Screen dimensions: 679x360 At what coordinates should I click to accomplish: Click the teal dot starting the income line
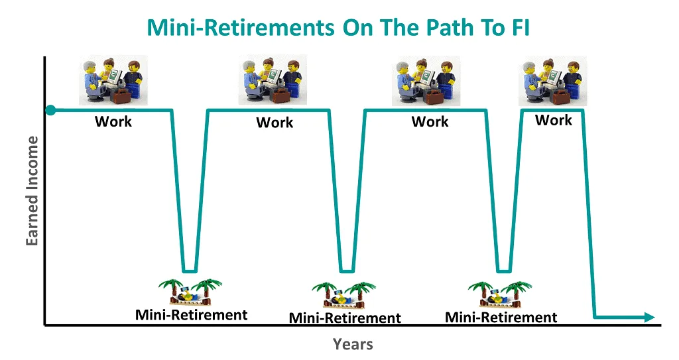tap(50, 110)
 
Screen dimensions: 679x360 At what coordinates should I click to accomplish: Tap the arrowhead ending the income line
tap(649, 317)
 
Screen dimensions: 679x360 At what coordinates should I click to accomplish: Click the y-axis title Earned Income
tap(32, 191)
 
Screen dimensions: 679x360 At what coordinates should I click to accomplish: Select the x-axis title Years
tap(353, 344)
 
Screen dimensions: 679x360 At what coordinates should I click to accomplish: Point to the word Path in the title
tap(448, 28)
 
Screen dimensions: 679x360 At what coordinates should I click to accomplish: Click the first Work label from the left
tap(113, 121)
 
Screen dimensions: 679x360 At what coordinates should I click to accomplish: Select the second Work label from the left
tap(275, 122)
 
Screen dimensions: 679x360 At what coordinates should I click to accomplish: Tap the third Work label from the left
tap(430, 121)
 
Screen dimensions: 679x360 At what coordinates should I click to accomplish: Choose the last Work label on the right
tap(554, 120)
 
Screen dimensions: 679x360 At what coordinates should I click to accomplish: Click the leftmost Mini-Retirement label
tap(191, 315)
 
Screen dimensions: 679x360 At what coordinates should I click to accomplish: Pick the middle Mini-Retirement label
tap(345, 318)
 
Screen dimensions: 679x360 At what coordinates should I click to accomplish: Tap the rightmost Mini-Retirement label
tap(501, 318)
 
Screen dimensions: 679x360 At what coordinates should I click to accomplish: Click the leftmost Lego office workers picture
tap(113, 80)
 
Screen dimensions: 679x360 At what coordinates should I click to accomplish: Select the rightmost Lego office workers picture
tap(553, 81)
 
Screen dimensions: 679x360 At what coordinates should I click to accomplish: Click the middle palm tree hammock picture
tap(344, 296)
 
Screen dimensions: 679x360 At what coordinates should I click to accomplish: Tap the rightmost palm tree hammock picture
tap(500, 295)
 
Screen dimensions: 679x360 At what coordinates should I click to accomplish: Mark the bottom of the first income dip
tap(190, 272)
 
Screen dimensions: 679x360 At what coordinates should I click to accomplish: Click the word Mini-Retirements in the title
tap(240, 28)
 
